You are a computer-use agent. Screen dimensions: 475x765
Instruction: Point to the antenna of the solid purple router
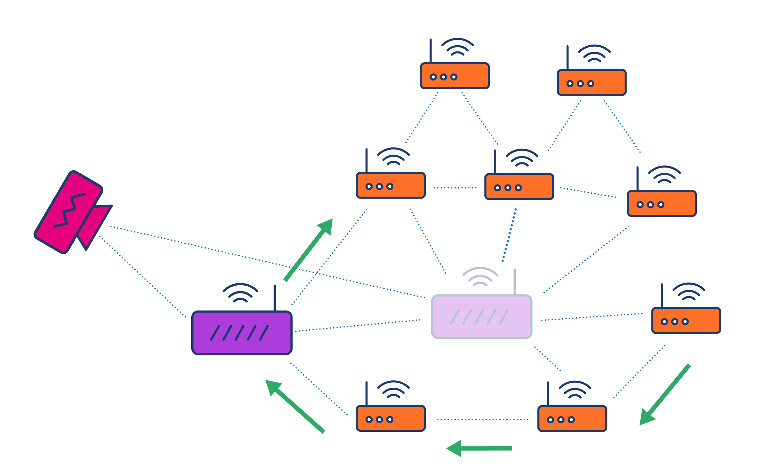(x=274, y=298)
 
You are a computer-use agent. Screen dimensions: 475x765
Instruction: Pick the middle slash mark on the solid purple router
(x=240, y=333)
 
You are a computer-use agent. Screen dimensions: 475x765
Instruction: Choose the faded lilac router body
(x=481, y=327)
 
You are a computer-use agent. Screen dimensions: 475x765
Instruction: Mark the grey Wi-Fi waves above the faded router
(x=480, y=276)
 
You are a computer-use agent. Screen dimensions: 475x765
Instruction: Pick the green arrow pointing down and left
(x=665, y=395)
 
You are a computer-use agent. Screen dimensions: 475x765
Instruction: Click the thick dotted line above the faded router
(x=509, y=235)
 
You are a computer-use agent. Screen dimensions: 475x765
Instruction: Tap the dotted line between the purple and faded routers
(x=358, y=326)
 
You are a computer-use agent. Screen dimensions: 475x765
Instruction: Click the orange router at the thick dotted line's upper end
(x=519, y=187)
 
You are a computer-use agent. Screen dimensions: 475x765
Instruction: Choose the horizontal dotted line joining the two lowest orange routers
(x=482, y=419)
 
